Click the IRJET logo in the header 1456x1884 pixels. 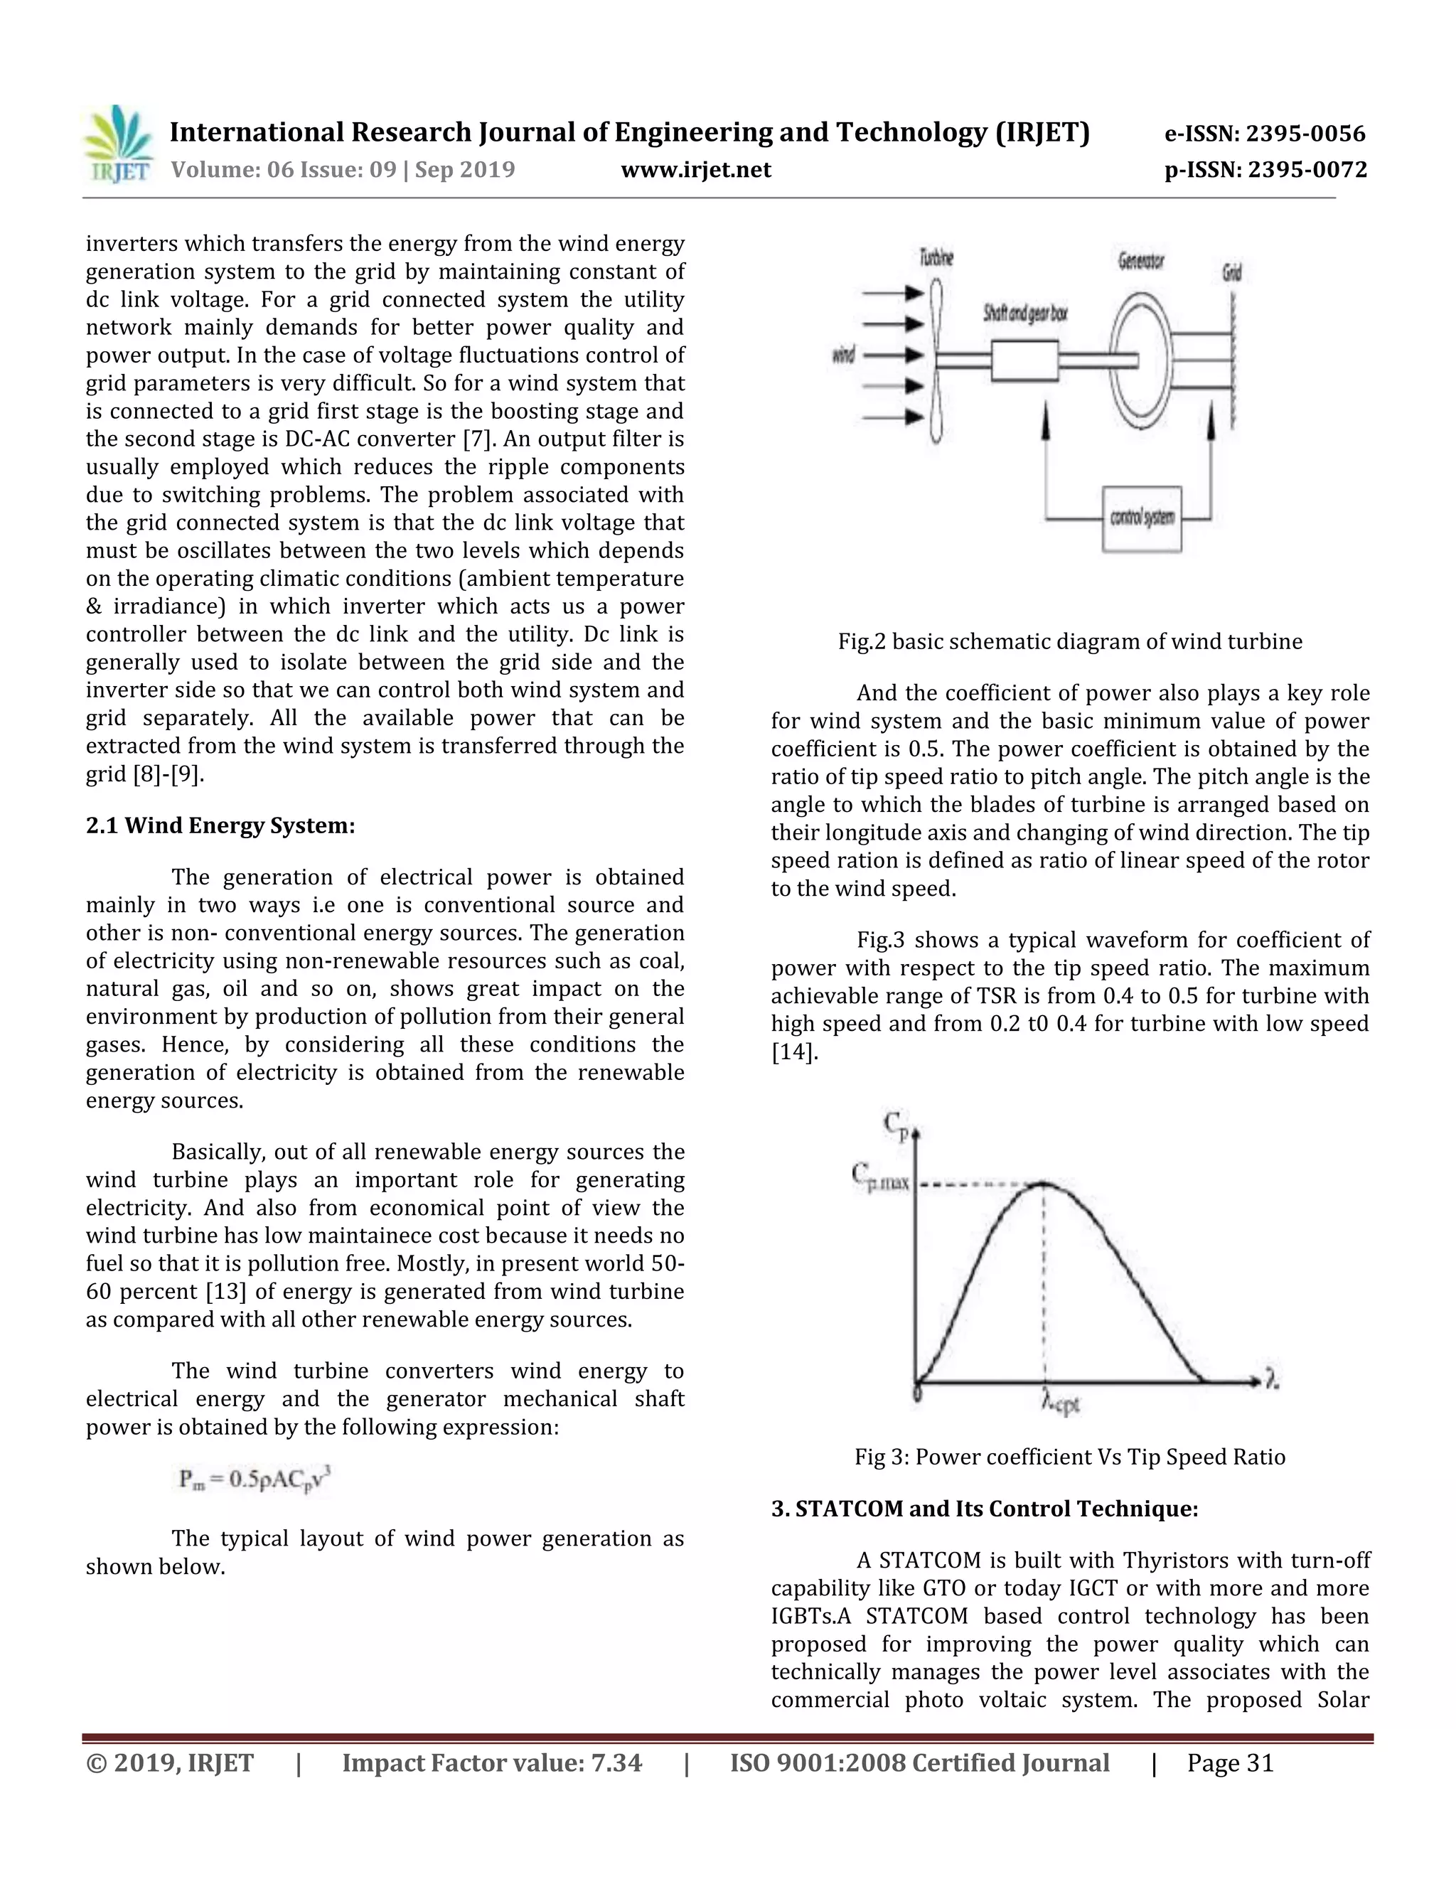(118, 144)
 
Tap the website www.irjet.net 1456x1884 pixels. (695, 169)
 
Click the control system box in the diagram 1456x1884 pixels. (1141, 518)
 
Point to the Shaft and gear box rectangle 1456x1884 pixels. (1024, 360)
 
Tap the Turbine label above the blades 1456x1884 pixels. (936, 257)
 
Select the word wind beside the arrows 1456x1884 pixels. (842, 355)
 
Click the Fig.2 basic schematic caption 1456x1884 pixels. (1069, 642)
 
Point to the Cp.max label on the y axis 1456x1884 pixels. (880, 1177)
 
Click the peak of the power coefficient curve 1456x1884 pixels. (1044, 1184)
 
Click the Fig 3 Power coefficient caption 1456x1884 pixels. (1069, 1457)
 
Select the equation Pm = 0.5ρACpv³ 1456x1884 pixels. (255, 1480)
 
